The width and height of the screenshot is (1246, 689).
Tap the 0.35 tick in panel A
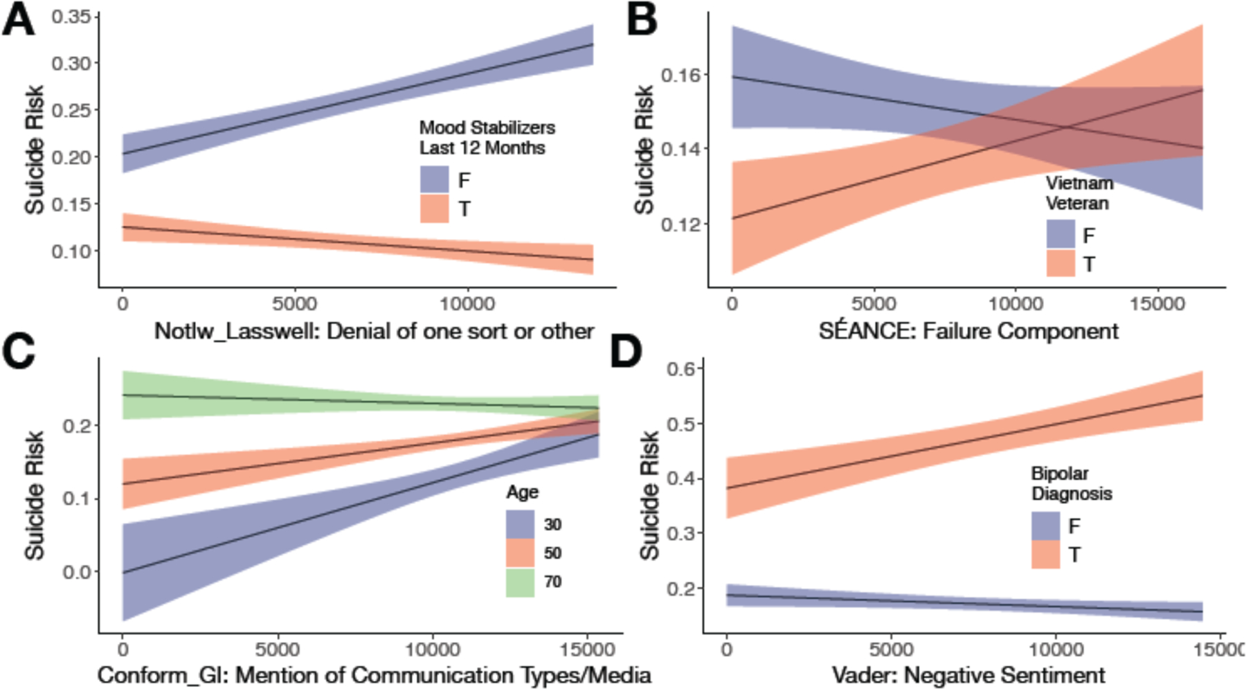point(71,16)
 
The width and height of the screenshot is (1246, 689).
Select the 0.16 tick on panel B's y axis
point(680,75)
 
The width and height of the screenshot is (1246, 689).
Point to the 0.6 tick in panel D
point(681,368)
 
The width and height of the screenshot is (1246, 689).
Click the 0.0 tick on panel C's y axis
point(76,572)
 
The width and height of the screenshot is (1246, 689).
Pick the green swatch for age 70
point(520,582)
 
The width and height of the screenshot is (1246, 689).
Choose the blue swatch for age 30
point(520,524)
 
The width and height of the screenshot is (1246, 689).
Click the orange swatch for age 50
point(520,553)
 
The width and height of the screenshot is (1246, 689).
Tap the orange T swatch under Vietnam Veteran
point(1060,264)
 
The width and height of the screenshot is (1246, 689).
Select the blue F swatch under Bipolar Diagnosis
point(1045,526)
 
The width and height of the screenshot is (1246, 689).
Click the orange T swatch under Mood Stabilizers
point(435,208)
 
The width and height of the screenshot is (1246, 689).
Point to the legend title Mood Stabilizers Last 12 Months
point(487,138)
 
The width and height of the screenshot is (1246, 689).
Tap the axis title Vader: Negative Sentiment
point(968,674)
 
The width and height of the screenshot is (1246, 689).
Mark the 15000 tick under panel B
point(1157,304)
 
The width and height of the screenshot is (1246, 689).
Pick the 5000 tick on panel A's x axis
point(294,304)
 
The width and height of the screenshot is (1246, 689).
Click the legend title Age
point(522,492)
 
